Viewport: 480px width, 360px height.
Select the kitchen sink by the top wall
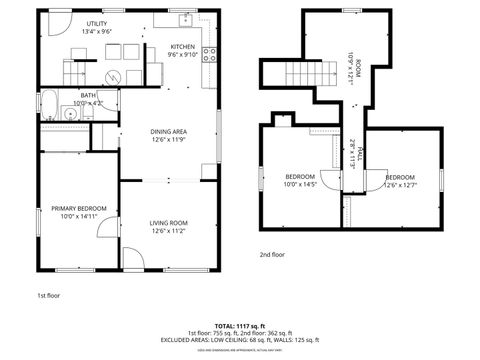[186, 19]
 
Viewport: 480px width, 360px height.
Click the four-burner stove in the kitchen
[210, 55]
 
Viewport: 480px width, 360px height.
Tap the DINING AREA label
[168, 135]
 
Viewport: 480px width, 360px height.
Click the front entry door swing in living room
[131, 257]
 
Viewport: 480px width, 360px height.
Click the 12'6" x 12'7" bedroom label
[400, 180]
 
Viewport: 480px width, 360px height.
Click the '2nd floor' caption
[272, 255]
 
